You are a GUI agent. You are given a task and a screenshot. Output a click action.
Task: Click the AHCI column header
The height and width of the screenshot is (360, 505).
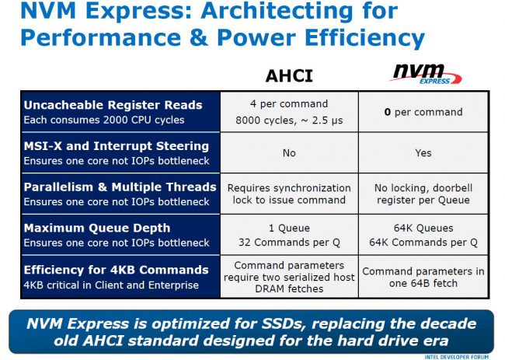pos(288,75)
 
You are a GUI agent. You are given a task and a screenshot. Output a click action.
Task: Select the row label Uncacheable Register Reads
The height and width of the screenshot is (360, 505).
pos(113,105)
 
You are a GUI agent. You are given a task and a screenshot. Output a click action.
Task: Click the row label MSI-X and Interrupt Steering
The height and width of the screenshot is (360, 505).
pos(117,145)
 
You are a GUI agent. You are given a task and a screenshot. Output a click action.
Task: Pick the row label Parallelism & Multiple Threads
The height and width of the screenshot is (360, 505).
pos(120,187)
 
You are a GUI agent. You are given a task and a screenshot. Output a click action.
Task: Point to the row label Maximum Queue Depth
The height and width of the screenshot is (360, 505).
pos(96,228)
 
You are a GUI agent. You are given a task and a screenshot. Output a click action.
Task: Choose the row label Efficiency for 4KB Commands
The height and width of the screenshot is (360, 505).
pos(117,269)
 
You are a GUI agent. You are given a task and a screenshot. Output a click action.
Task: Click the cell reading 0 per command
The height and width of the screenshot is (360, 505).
pos(423,112)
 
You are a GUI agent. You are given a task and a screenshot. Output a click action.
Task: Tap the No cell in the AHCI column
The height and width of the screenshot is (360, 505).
pos(289,153)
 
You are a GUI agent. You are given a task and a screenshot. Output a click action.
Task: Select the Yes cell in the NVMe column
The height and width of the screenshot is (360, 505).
pos(423,153)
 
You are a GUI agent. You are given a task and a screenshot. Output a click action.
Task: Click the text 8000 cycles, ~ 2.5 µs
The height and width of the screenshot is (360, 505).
pos(289,121)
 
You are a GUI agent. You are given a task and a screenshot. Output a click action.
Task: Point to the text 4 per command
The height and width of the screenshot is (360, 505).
pos(289,104)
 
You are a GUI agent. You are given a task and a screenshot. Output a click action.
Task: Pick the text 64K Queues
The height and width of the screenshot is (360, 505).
pos(423,229)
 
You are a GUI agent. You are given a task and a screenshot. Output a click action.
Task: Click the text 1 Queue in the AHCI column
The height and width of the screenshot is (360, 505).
pos(289,229)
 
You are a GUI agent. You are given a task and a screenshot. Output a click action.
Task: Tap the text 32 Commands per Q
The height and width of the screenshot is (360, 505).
pos(289,242)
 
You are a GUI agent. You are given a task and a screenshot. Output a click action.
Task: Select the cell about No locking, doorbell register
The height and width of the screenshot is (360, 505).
pos(423,194)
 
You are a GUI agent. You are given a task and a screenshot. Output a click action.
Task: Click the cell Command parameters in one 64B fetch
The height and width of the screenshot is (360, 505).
pos(423,277)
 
